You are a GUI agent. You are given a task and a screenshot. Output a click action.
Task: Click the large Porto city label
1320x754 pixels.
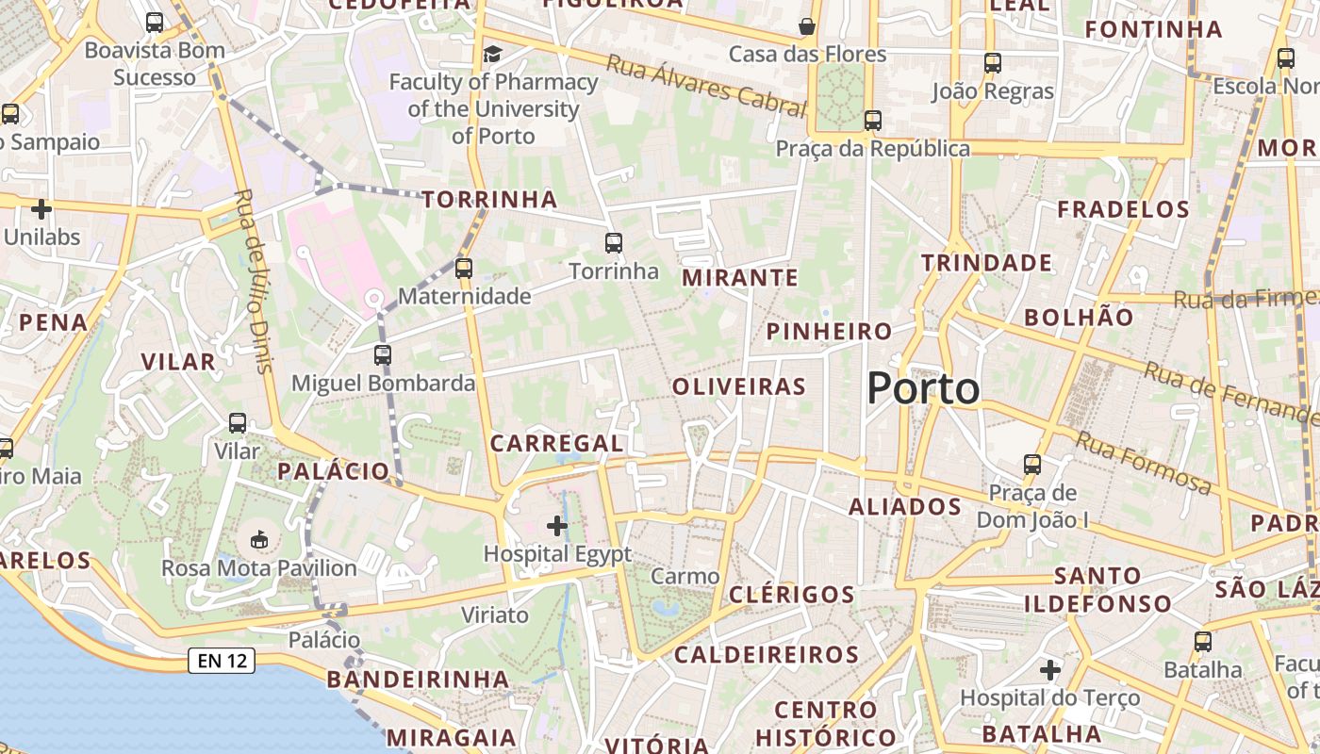tap(923, 388)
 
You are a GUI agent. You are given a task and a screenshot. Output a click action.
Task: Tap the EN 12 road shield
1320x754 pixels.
tap(223, 661)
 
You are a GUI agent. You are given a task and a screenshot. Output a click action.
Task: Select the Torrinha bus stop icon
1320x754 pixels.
tap(614, 243)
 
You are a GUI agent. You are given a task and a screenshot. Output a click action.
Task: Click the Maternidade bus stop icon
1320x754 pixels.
tap(463, 269)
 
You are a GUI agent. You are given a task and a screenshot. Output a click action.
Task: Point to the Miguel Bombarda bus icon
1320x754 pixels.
tap(382, 355)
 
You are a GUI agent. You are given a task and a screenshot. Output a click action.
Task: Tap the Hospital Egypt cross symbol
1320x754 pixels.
tap(557, 525)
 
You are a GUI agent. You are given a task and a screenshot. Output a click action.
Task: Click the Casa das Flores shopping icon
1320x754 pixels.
tap(807, 25)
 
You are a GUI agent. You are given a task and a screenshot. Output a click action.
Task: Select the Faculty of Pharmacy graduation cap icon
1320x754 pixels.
tap(492, 54)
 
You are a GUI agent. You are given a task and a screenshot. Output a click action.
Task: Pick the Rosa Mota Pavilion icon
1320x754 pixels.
tap(258, 539)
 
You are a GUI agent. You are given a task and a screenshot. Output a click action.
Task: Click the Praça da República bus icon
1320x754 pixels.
tap(873, 121)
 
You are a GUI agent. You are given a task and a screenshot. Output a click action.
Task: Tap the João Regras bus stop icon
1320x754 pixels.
tap(993, 63)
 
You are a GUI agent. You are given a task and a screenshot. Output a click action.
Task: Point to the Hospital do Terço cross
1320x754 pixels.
tap(1050, 670)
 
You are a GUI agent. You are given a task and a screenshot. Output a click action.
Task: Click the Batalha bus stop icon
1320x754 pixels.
tap(1203, 642)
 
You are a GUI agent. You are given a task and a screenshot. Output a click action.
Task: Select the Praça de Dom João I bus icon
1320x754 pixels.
tap(1032, 465)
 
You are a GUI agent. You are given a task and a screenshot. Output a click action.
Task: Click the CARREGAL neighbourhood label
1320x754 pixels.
tap(556, 443)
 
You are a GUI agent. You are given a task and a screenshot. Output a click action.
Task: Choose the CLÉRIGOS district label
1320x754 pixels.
tap(791, 595)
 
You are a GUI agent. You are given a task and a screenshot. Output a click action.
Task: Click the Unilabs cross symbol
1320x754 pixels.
tap(41, 208)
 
